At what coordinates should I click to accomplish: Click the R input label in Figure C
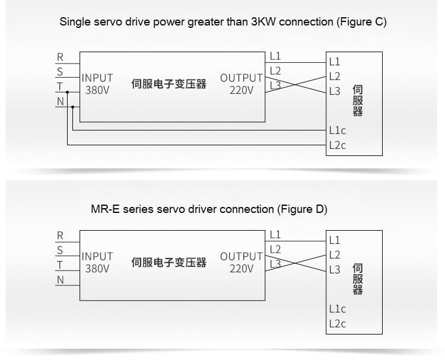[60, 58]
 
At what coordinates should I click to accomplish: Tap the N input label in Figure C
[60, 101]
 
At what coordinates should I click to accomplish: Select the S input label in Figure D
[60, 250]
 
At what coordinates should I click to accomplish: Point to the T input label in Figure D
[60, 265]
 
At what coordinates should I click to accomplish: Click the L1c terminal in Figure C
[337, 130]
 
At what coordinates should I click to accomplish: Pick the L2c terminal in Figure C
[337, 145]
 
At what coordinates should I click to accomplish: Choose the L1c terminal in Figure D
[337, 309]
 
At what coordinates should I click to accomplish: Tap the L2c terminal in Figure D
[337, 324]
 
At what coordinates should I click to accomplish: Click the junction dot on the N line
[72, 107]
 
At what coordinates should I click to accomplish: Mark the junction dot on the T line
[68, 92]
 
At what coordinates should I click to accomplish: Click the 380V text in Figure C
[97, 90]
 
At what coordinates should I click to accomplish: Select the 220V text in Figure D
[241, 269]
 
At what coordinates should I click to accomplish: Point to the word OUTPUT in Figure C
[241, 78]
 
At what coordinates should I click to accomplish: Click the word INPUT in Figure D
[97, 256]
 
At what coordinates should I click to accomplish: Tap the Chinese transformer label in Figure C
[169, 84]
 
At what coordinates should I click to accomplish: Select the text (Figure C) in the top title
[361, 22]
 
